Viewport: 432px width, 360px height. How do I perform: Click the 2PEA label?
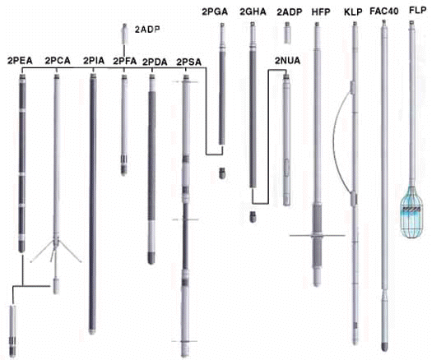[20, 61]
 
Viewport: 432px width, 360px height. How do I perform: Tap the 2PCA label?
[58, 61]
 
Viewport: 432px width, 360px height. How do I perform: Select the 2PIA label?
[94, 61]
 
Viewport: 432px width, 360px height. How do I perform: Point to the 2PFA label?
[125, 61]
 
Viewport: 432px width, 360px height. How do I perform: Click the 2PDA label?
[155, 62]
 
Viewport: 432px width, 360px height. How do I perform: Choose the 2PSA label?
[188, 62]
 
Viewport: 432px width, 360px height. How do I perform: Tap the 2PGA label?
[215, 12]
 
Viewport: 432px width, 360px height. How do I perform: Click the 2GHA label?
[253, 12]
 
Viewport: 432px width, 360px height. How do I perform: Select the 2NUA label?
[287, 61]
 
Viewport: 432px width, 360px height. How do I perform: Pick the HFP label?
[321, 12]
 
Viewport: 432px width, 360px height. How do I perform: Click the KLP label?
[353, 12]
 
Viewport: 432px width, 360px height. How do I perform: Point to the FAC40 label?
[384, 12]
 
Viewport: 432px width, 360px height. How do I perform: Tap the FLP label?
[418, 11]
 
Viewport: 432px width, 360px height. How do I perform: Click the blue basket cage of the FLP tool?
[411, 212]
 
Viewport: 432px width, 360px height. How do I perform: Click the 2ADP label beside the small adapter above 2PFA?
[147, 30]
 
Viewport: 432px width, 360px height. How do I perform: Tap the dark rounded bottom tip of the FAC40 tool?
[384, 347]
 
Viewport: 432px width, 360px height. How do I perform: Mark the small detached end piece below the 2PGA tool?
[222, 173]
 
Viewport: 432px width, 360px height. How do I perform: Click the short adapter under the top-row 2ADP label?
[287, 33]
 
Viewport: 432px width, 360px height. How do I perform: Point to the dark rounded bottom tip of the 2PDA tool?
[151, 258]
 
